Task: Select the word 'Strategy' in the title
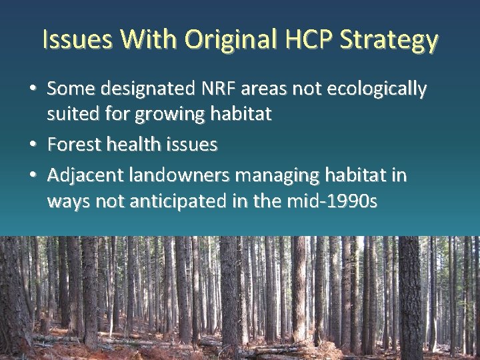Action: click(x=389, y=41)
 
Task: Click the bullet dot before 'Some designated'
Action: click(x=34, y=89)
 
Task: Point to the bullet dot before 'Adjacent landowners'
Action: click(x=34, y=176)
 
